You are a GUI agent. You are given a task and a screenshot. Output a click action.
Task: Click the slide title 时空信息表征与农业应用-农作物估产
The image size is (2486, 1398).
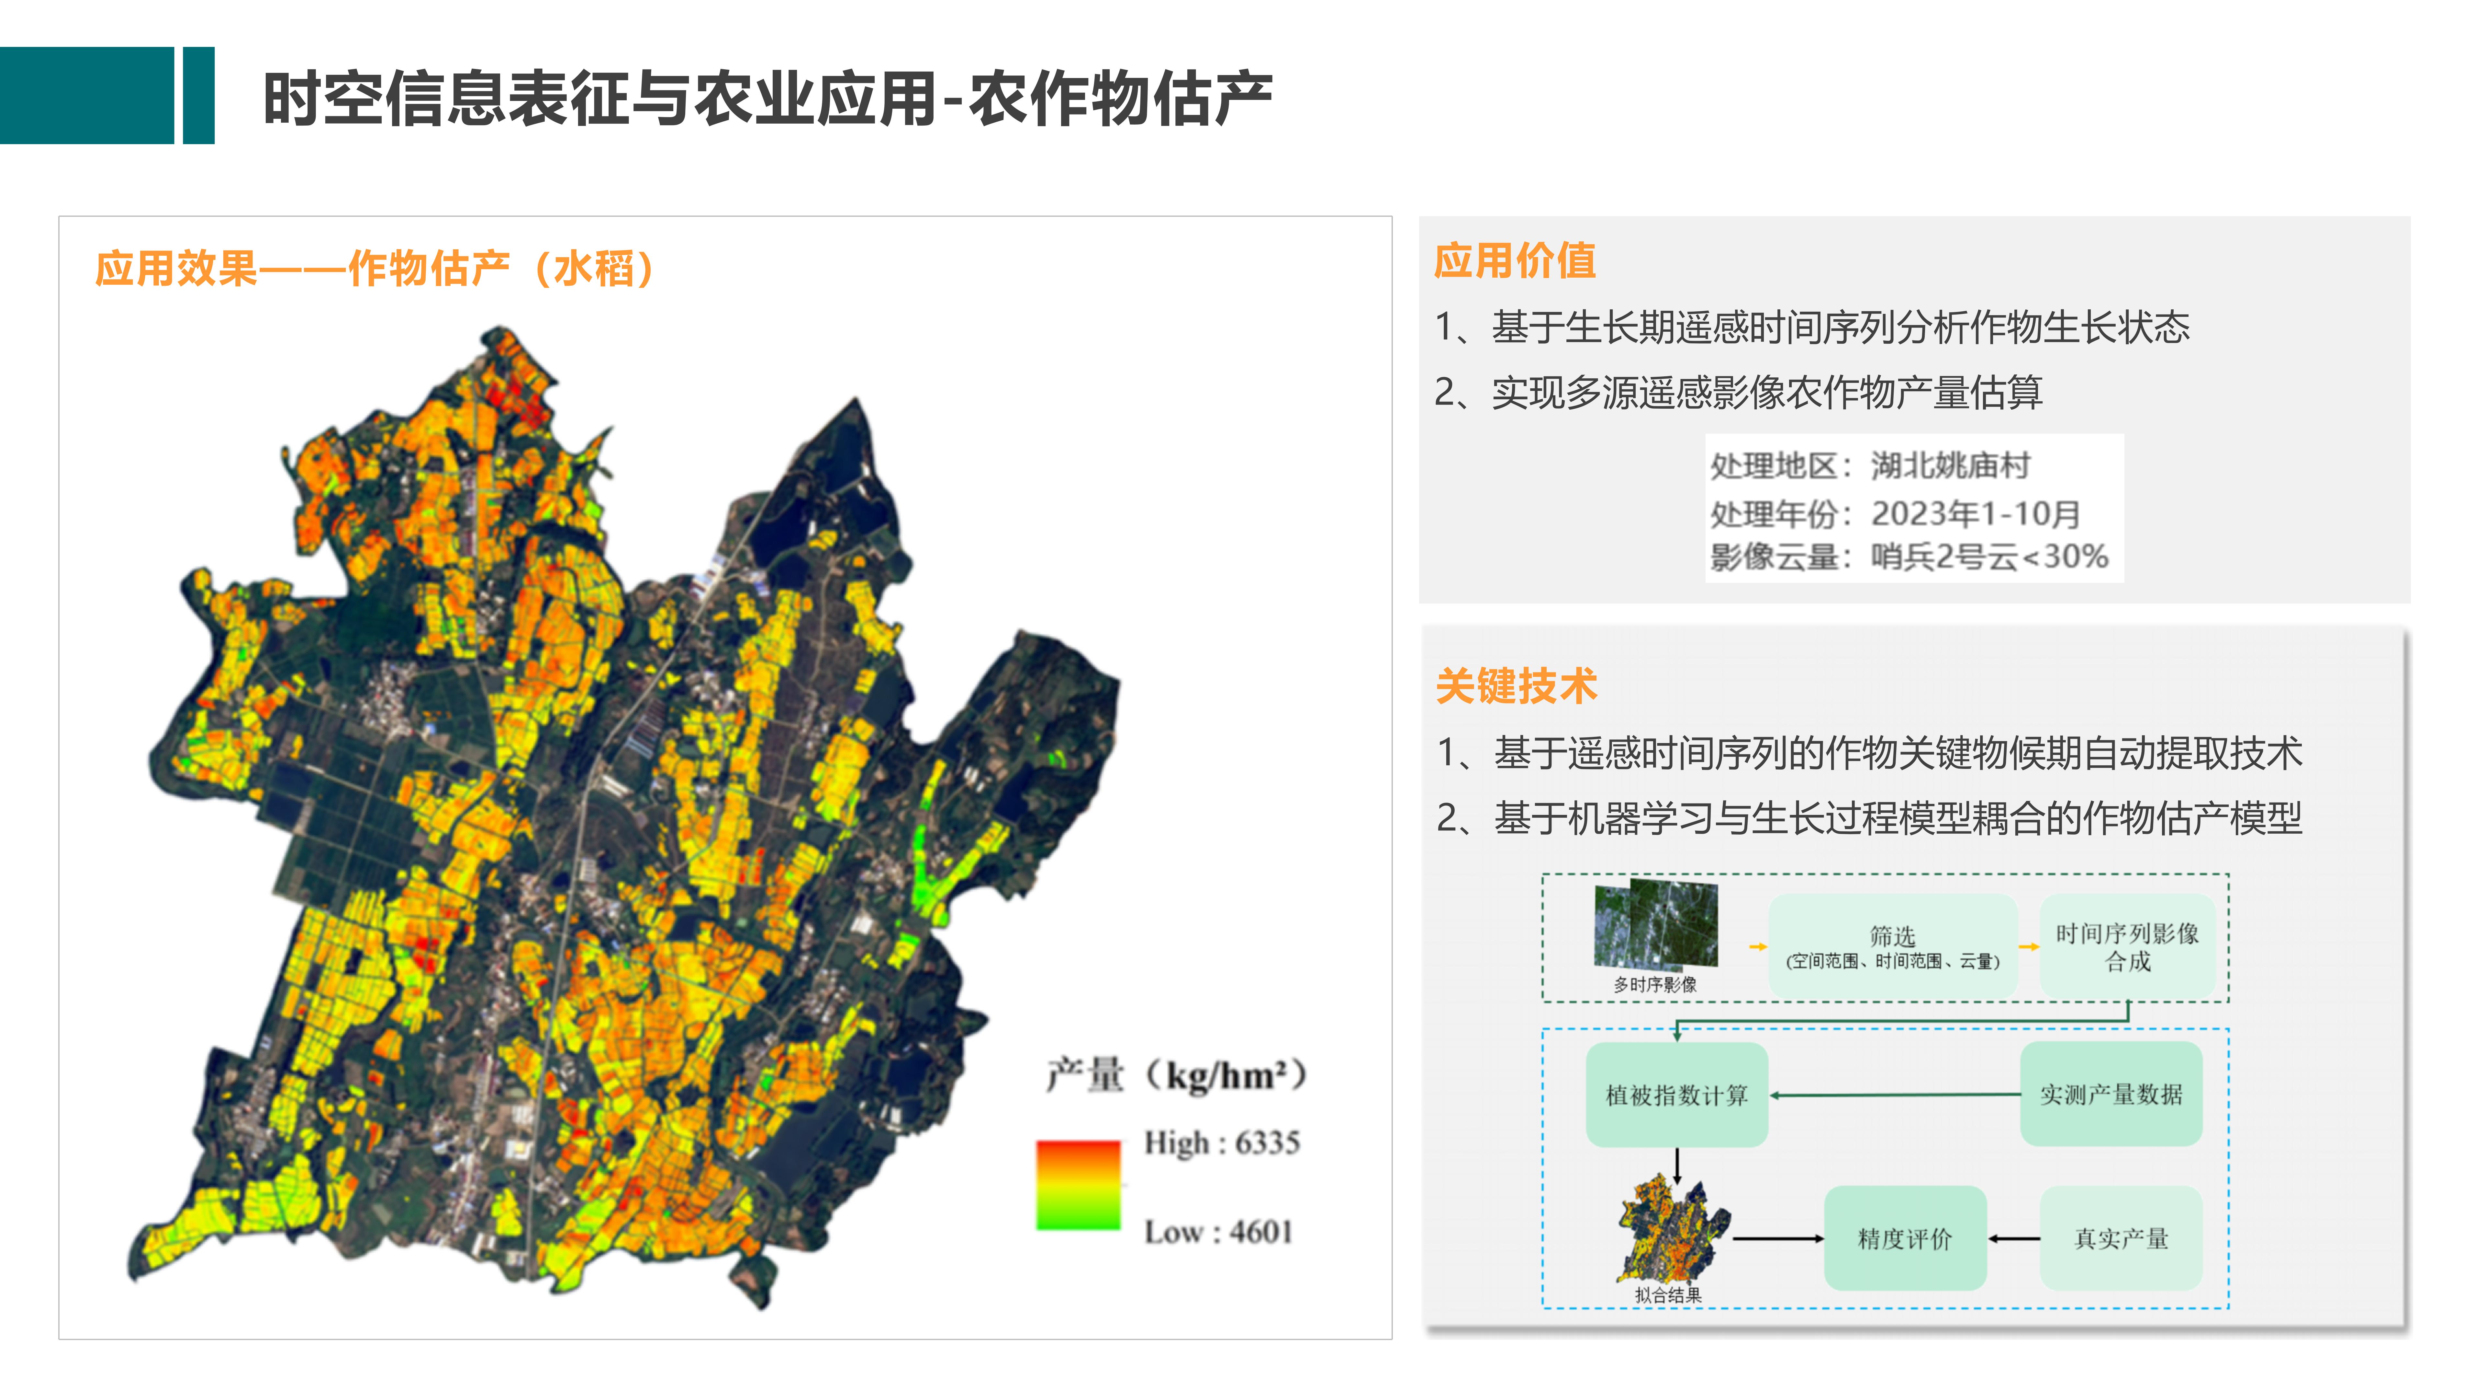[x=767, y=98]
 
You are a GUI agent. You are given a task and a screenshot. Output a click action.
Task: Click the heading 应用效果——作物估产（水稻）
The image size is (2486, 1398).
[x=375, y=268]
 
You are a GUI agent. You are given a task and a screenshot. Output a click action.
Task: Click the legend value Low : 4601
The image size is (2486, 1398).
[x=1218, y=1232]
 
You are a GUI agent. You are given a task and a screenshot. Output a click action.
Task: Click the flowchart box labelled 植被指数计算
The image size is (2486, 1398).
[x=1676, y=1095]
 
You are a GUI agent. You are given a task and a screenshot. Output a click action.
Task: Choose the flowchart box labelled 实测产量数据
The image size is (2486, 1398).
[x=2111, y=1094]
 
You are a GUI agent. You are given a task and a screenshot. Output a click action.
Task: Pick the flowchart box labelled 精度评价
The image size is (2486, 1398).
[x=1904, y=1239]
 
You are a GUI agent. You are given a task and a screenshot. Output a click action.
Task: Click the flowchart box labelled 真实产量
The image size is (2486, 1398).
[x=2120, y=1239]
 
